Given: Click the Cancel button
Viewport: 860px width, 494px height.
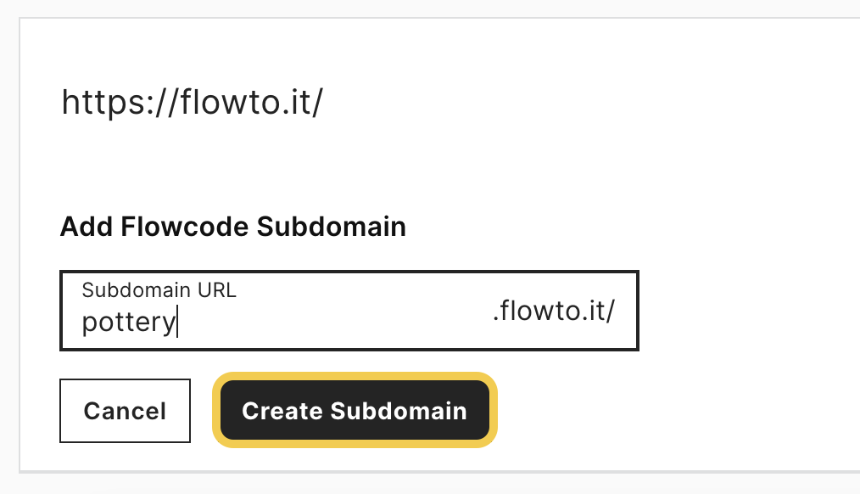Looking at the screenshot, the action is click(x=125, y=411).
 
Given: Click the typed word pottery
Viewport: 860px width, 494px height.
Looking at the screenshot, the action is click(x=129, y=323).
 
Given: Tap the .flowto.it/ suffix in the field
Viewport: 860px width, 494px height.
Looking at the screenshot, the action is click(x=554, y=312).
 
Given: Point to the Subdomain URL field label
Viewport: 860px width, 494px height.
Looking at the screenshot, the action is click(x=159, y=289).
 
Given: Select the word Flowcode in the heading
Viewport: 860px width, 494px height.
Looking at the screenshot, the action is click(x=186, y=227).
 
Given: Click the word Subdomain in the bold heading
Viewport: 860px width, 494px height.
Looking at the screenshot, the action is click(x=332, y=227).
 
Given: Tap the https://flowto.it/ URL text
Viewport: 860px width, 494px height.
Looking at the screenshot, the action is click(x=193, y=103).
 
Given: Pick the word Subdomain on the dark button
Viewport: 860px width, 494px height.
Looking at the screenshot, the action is click(x=398, y=411).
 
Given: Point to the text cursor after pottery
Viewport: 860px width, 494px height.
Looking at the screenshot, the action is click(x=177, y=323).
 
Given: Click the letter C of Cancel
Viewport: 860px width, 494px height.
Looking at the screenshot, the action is click(x=92, y=411).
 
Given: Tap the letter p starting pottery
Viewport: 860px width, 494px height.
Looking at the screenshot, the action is click(x=89, y=324).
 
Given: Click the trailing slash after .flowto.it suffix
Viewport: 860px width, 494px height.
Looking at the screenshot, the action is click(x=611, y=312).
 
